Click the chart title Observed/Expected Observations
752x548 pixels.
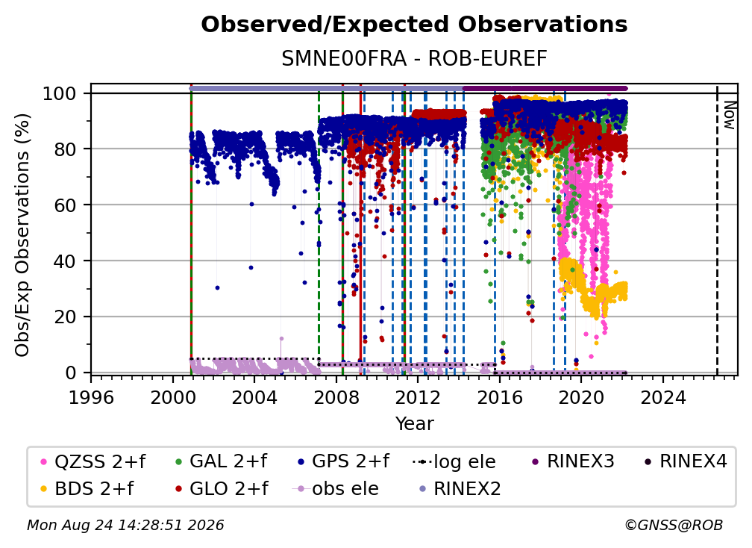click(x=414, y=25)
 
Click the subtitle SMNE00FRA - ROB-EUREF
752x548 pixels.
click(x=414, y=59)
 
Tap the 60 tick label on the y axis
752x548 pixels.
click(x=65, y=205)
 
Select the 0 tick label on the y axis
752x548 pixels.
click(x=71, y=373)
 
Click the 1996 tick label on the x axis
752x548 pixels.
click(x=91, y=398)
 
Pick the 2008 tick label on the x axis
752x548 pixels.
click(x=336, y=398)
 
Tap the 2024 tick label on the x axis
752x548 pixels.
click(x=662, y=398)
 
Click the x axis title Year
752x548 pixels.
click(x=414, y=424)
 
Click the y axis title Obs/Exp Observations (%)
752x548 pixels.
click(x=22, y=235)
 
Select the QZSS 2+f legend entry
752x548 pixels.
click(x=93, y=461)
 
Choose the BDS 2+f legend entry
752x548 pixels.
click(x=87, y=488)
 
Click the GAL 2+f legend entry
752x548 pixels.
click(x=221, y=461)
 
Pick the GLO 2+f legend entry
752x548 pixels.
click(x=222, y=488)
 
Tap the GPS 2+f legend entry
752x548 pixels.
click(x=343, y=461)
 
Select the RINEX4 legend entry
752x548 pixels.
click(x=686, y=461)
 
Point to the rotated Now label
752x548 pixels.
click(x=730, y=115)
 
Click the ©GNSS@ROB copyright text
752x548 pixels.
click(x=674, y=526)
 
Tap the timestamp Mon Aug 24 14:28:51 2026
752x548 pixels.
click(x=125, y=526)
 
